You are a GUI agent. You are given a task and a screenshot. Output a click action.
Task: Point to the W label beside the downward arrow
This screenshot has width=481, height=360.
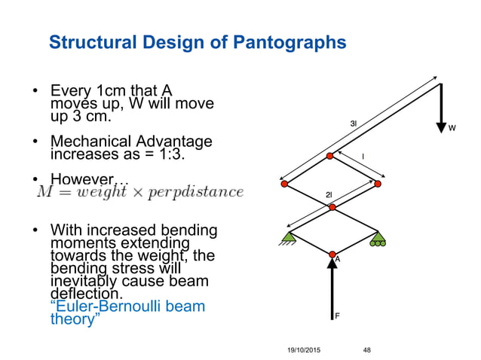pos(452,129)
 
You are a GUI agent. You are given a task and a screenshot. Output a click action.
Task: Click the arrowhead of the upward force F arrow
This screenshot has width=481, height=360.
pos(331,264)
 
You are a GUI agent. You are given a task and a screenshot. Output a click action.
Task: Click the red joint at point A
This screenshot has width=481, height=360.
pos(331,254)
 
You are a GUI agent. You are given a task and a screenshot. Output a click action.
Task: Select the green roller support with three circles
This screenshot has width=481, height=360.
pos(377,239)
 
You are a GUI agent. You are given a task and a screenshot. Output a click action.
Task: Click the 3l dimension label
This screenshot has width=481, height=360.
pos(354,123)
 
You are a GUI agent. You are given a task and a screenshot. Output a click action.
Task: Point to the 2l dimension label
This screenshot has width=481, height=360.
pos(329,195)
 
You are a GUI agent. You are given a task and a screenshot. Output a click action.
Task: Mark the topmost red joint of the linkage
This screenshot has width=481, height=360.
pos(330,157)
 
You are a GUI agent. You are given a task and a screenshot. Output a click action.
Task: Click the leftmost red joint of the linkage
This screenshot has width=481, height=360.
pos(284,184)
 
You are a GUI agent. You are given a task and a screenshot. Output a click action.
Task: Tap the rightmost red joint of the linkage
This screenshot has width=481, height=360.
pos(378,184)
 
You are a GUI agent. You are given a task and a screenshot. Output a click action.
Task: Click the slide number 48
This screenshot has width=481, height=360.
pos(367,350)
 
